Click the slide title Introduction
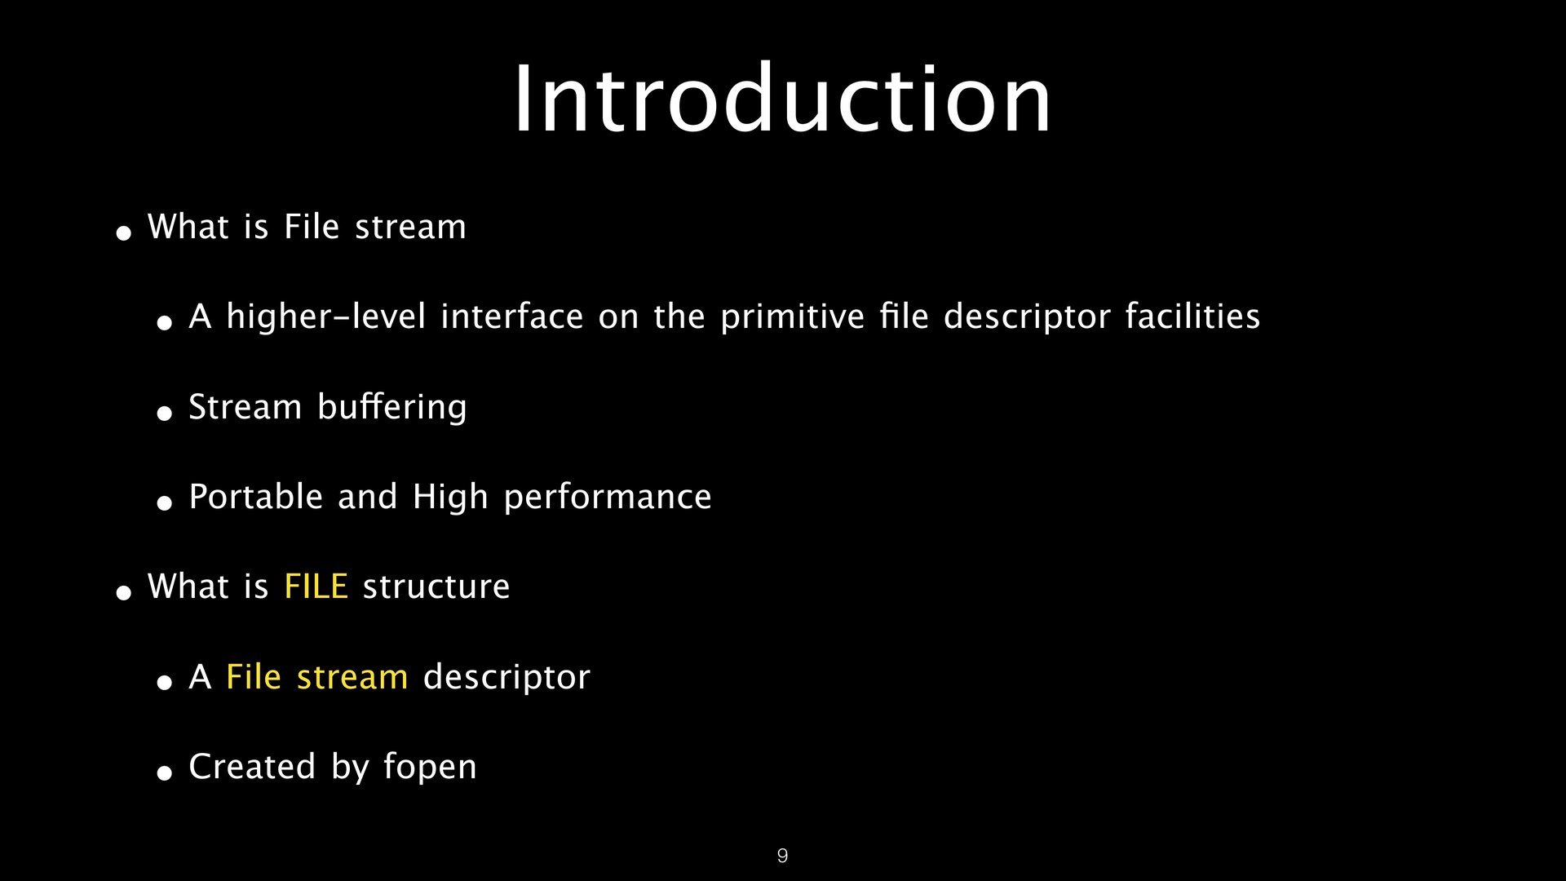click(x=782, y=99)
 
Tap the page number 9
click(x=782, y=856)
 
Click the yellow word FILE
click(x=316, y=587)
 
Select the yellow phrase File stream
click(x=316, y=677)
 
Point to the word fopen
click(x=430, y=768)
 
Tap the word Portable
click(x=256, y=497)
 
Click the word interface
click(x=512, y=317)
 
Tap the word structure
click(x=436, y=587)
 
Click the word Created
click(x=252, y=767)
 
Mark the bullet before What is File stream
click(x=124, y=233)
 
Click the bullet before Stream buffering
click(x=165, y=413)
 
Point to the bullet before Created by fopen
click(x=165, y=773)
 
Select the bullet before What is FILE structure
click(x=124, y=592)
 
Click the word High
click(x=450, y=498)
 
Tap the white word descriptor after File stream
click(x=507, y=678)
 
